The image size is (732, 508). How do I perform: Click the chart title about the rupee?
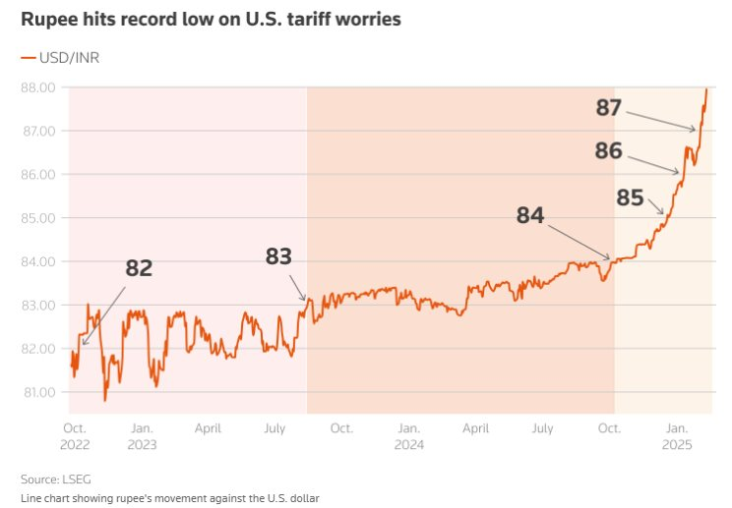211,20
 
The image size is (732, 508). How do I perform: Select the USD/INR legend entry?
60,58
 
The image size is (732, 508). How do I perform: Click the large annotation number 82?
139,268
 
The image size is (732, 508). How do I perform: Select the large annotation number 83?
279,256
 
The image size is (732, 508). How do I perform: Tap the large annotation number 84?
530,215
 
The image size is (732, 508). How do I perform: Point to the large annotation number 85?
630,198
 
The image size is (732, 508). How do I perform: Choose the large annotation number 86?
609,150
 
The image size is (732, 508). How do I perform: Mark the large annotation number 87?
609,107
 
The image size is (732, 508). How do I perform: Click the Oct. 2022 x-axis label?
75,436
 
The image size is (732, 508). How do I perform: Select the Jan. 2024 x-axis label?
407,436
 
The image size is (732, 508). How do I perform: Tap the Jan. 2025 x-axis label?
677,436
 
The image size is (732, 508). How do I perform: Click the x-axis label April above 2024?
476,428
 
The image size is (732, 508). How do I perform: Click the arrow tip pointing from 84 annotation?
611,259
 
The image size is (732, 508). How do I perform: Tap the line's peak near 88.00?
706,89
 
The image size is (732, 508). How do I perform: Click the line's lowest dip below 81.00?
105,400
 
